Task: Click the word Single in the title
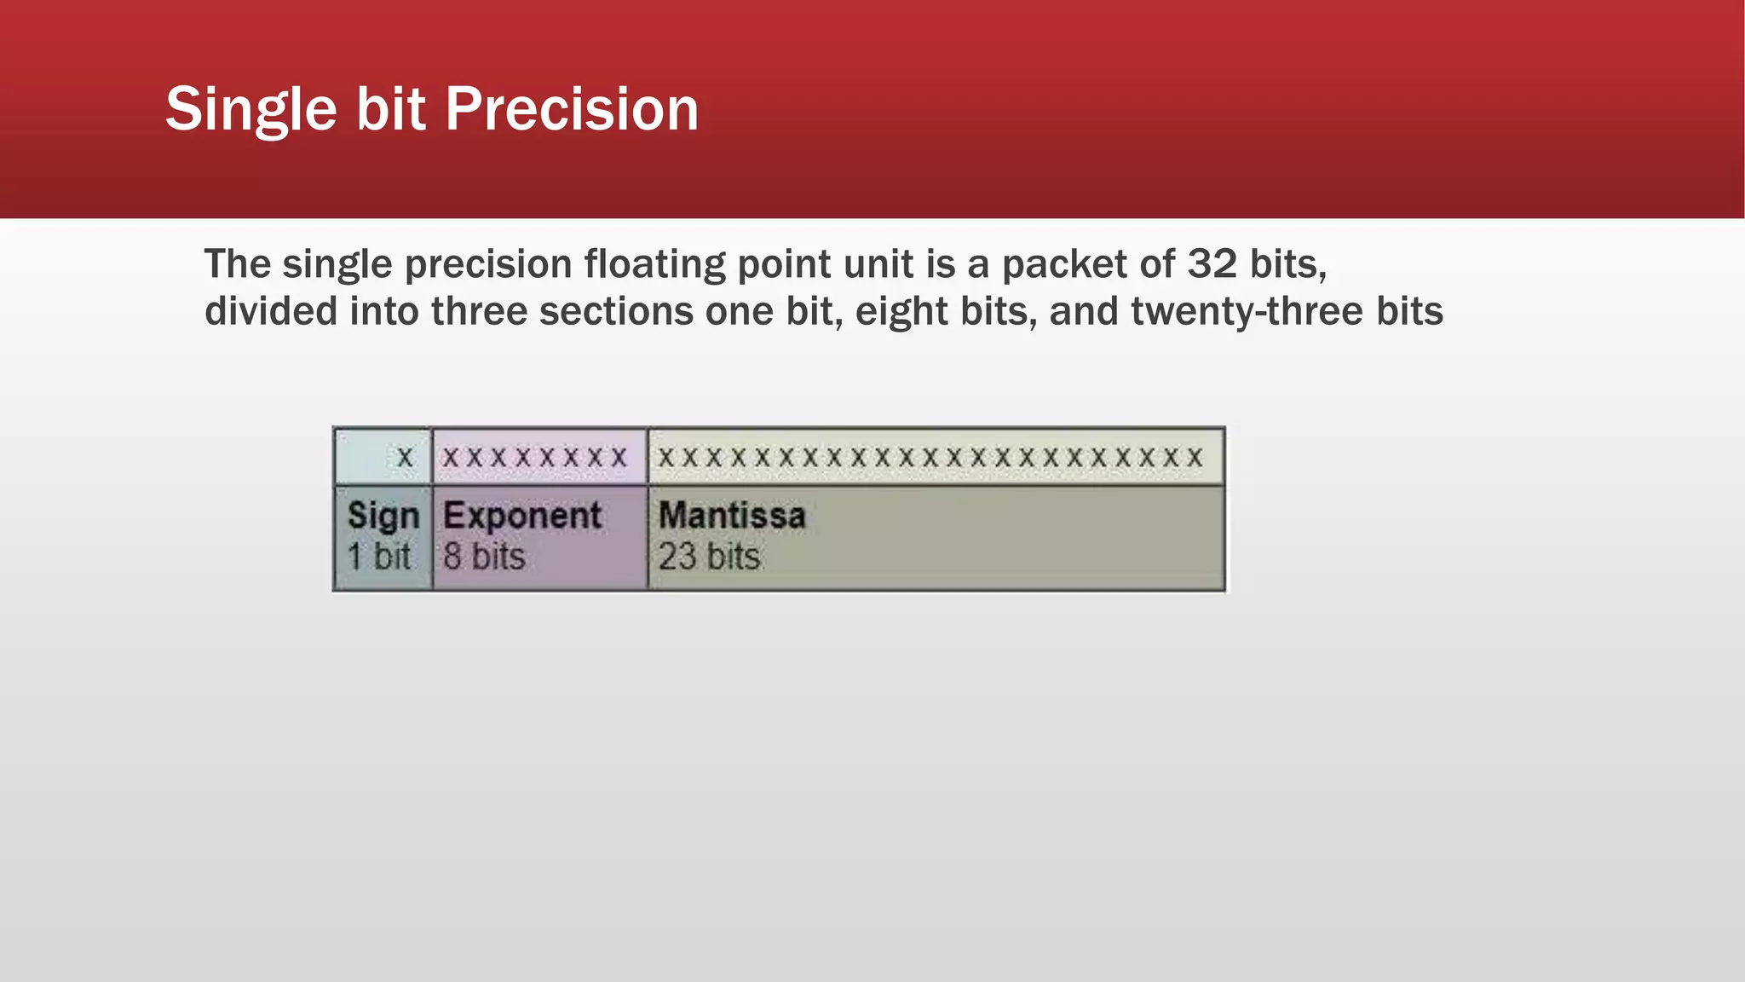(251, 109)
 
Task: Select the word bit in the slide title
(390, 109)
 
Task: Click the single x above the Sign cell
(405, 458)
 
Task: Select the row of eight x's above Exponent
(534, 458)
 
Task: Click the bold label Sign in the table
(383, 516)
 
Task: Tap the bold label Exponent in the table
(522, 516)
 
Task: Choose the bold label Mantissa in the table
(732, 516)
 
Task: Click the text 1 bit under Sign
(378, 557)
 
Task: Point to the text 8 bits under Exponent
(483, 557)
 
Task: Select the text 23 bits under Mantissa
(709, 557)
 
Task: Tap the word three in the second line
(480, 311)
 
